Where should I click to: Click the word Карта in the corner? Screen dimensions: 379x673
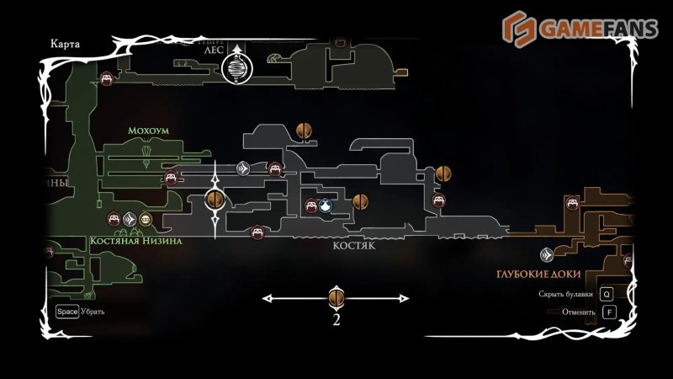tap(66, 45)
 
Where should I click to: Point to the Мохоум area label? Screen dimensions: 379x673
tap(148, 131)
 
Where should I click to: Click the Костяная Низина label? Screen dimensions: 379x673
tap(136, 240)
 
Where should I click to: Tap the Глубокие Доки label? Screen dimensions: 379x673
tap(535, 275)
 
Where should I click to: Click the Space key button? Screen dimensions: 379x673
tap(66, 312)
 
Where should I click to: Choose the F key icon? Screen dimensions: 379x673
tap(609, 312)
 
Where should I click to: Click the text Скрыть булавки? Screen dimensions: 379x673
tap(565, 295)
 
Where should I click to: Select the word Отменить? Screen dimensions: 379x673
tap(580, 312)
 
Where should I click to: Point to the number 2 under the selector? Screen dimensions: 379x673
tap(336, 319)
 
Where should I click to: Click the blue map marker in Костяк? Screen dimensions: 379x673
tap(326, 206)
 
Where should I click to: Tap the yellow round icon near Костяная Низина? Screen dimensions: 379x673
tap(146, 220)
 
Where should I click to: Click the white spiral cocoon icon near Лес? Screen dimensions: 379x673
tap(238, 67)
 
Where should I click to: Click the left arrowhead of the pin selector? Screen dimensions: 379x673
tap(268, 297)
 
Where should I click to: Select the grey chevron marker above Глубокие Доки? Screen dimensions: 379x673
tap(547, 254)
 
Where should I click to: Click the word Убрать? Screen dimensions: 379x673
tap(93, 312)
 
